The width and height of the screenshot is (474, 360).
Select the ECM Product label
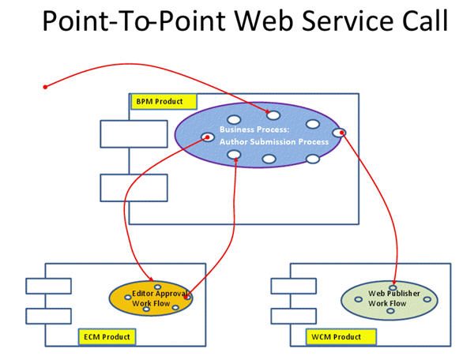click(x=107, y=337)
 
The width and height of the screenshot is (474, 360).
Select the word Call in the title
click(x=423, y=22)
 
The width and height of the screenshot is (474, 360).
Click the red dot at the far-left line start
click(x=45, y=86)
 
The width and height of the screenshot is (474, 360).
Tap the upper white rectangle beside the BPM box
click(x=134, y=133)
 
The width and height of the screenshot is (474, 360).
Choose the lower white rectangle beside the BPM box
click(x=134, y=188)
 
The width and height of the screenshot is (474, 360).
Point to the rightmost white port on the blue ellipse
click(x=340, y=132)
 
